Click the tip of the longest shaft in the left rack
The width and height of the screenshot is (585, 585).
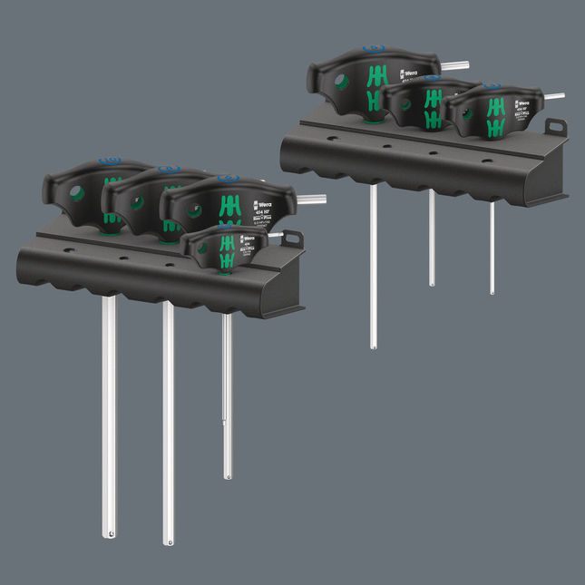[168, 541]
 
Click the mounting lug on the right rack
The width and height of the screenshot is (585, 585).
[555, 127]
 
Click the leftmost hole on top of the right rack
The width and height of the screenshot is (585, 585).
[333, 139]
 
